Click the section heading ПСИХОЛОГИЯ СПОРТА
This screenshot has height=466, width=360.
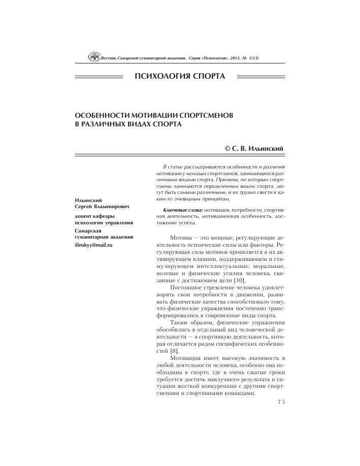[180, 77]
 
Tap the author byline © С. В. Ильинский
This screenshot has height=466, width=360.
[254, 147]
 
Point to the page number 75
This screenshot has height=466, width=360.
[282, 402]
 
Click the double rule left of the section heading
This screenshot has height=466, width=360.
[99, 77]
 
